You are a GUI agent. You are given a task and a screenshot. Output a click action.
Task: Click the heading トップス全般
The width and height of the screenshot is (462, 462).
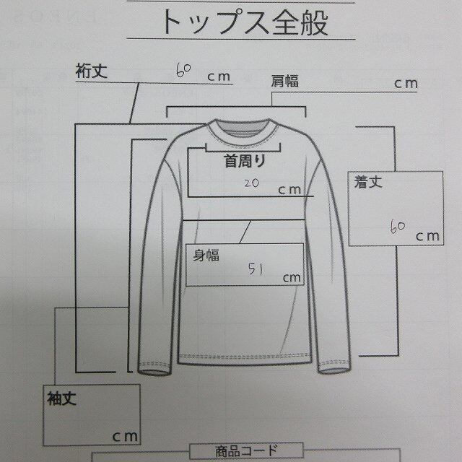[x=243, y=22]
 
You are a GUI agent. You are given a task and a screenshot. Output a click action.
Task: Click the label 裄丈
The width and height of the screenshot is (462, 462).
[x=91, y=71]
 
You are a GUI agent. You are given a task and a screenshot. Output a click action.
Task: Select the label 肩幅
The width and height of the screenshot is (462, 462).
[x=283, y=81]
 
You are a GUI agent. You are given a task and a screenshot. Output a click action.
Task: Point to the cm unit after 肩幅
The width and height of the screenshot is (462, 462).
[x=405, y=83]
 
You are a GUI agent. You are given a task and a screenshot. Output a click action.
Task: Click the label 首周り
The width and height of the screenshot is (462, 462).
[x=244, y=162]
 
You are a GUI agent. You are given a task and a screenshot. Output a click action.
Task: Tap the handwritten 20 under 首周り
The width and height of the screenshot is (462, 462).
[x=251, y=183]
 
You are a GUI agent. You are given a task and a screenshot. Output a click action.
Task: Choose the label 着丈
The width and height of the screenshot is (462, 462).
[x=367, y=183]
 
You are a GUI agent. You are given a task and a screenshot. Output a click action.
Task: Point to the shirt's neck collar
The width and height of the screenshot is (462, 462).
[x=241, y=130]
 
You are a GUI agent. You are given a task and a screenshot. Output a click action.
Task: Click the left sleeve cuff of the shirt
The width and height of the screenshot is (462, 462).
[x=150, y=370]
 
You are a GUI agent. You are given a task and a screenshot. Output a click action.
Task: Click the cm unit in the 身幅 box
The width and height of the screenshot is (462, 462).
[x=292, y=278]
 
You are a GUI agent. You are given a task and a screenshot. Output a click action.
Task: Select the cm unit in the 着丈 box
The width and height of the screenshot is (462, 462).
[x=426, y=235]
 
